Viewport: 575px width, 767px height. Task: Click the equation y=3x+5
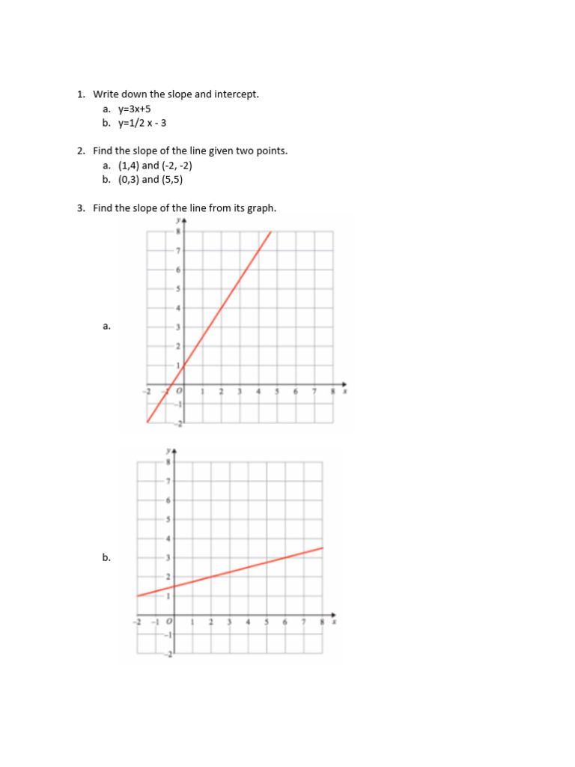tap(135, 109)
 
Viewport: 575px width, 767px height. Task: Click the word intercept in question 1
tap(235, 94)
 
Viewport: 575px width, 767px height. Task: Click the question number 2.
tap(81, 151)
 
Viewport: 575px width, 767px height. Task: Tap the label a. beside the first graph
tap(107, 326)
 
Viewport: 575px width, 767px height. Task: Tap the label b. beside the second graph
tap(107, 557)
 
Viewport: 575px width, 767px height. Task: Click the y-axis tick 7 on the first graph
tap(178, 249)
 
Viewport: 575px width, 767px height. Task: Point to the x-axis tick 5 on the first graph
tap(276, 392)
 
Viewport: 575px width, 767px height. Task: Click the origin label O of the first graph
tap(179, 392)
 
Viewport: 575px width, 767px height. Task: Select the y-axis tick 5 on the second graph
tap(168, 519)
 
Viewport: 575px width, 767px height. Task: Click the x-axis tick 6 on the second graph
tap(285, 622)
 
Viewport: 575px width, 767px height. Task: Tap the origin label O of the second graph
tap(169, 622)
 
